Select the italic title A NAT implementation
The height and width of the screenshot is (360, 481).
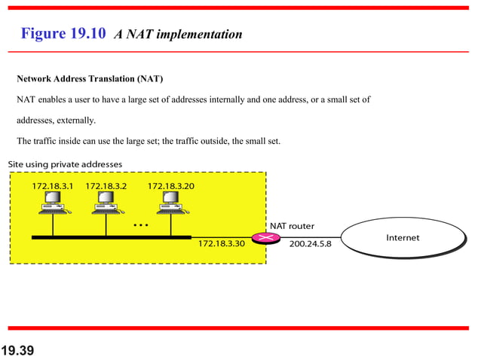coord(178,35)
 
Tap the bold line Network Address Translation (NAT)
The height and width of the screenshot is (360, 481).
coord(90,79)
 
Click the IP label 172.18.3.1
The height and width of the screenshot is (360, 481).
coord(53,185)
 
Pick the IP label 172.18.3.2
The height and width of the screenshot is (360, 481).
coord(106,185)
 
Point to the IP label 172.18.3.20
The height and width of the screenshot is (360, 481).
coord(170,185)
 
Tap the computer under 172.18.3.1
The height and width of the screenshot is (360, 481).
coord(53,203)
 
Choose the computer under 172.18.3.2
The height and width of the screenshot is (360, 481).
coord(106,203)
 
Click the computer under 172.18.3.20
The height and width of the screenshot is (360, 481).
coord(170,203)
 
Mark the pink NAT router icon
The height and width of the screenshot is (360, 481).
coord(265,237)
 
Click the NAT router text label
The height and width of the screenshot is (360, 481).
coord(292,226)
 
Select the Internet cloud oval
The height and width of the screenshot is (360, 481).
coord(403,237)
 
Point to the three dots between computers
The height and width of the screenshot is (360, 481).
coord(140,224)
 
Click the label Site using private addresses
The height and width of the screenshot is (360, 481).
coord(65,164)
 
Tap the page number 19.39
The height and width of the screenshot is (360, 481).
coord(19,350)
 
